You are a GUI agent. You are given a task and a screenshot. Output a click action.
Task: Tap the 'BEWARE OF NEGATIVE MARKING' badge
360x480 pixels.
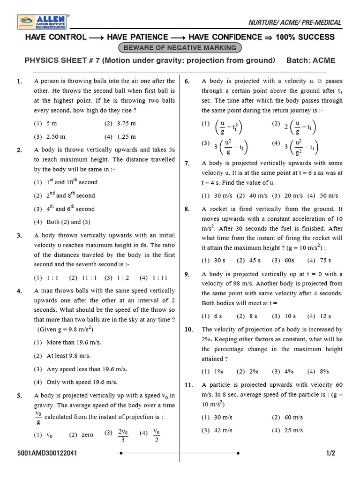click(180, 48)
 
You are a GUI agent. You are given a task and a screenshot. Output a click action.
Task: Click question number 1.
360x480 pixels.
click(19, 82)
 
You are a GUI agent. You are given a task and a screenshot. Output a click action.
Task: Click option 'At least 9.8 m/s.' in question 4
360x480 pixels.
click(68, 356)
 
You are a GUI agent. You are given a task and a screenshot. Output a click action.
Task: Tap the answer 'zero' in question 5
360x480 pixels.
click(87, 435)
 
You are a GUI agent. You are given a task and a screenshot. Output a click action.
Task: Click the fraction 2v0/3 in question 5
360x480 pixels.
click(123, 435)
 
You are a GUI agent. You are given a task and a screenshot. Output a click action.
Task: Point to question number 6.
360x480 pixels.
click(187, 82)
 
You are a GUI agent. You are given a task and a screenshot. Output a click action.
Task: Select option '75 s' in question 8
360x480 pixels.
click(325, 260)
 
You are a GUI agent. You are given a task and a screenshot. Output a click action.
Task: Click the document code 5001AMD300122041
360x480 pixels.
click(47, 453)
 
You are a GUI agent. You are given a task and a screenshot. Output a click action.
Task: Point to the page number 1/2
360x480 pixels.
click(331, 453)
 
